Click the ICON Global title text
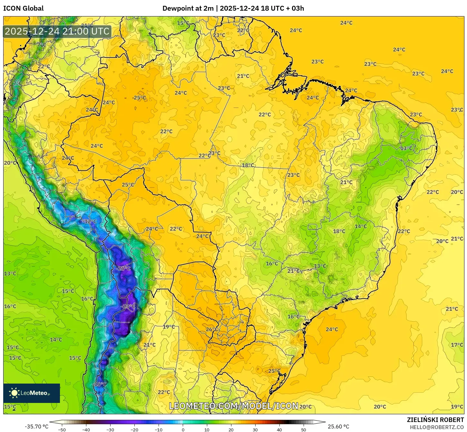(x=23, y=8)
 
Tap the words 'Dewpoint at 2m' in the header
(x=188, y=8)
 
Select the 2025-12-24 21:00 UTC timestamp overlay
(x=57, y=32)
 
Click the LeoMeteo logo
(x=32, y=393)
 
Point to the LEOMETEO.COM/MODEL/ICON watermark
(x=234, y=406)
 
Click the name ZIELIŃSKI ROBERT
(x=435, y=420)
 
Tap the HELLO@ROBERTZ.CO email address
(x=437, y=427)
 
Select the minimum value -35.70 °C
(x=36, y=427)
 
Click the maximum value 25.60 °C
(x=338, y=427)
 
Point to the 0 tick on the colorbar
(x=183, y=429)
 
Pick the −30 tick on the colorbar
(x=110, y=429)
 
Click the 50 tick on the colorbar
(x=303, y=429)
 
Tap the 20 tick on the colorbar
(x=231, y=429)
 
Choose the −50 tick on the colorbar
(x=62, y=429)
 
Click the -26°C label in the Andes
(x=123, y=269)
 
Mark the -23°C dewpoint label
(x=128, y=306)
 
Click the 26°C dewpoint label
(x=212, y=329)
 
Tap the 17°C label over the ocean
(x=457, y=345)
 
